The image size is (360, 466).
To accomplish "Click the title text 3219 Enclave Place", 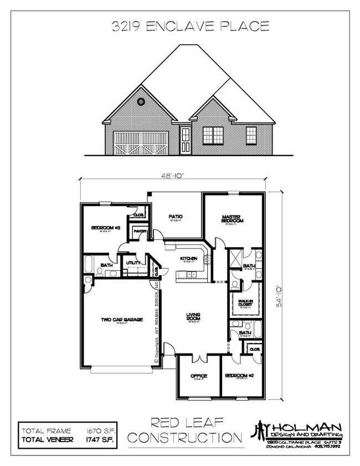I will click(191, 25).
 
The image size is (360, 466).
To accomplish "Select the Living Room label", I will click(193, 317).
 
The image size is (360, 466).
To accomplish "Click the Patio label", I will click(176, 216).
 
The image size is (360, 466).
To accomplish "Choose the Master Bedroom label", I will click(233, 219).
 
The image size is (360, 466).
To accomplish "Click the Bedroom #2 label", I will click(240, 376).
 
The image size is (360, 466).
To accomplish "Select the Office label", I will click(199, 376).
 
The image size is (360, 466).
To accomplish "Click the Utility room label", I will click(133, 263).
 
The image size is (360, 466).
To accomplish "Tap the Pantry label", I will click(138, 232).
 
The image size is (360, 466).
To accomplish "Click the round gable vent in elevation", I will click(141, 102).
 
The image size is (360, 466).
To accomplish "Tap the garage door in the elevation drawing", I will click(141, 142).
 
